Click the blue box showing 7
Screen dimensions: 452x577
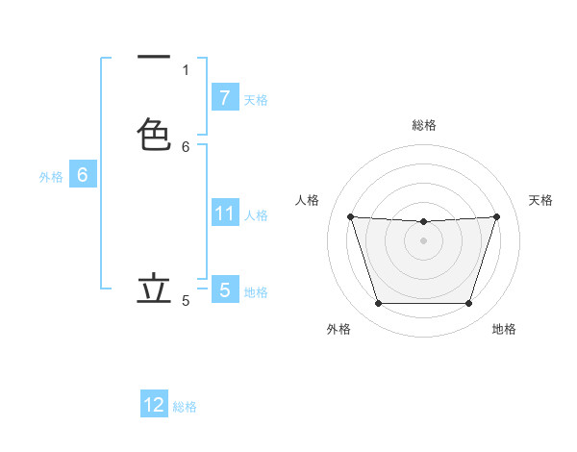pyautogui.click(x=224, y=97)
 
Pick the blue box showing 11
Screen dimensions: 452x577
pyautogui.click(x=224, y=213)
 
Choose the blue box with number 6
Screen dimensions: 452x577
pyautogui.click(x=83, y=175)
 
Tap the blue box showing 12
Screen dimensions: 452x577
pyautogui.click(x=154, y=405)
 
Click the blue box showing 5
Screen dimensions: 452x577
pyautogui.click(x=224, y=289)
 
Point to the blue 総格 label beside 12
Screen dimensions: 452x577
pyautogui.click(x=185, y=407)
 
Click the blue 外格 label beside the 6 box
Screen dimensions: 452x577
pyautogui.click(x=51, y=177)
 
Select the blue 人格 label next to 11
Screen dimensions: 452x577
pyautogui.click(x=257, y=214)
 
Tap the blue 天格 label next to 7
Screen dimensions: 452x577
pyautogui.click(x=256, y=99)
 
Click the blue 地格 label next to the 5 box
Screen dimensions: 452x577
pyautogui.click(x=256, y=291)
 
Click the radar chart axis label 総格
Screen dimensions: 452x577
pyautogui.click(x=423, y=125)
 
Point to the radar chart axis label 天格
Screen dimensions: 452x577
pyautogui.click(x=541, y=200)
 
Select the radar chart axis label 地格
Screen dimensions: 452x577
pyautogui.click(x=504, y=329)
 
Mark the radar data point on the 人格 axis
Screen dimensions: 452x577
pyautogui.click(x=350, y=216)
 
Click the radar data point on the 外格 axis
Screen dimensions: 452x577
pyautogui.click(x=378, y=304)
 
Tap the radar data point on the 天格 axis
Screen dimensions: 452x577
pyautogui.click(x=496, y=216)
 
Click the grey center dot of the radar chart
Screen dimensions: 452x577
pyautogui.click(x=423, y=240)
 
